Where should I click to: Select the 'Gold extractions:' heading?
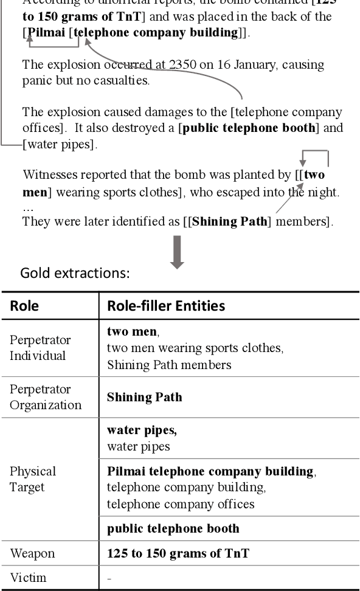[75, 273]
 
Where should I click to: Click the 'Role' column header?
[24, 306]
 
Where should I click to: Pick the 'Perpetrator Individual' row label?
[40, 347]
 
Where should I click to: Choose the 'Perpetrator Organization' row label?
[45, 397]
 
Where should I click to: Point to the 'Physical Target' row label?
[33, 479]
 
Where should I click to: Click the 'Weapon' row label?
[32, 553]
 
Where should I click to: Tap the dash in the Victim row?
[109, 578]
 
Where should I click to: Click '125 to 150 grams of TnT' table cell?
[178, 553]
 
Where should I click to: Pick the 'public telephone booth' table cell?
[173, 528]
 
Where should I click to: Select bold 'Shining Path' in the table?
[144, 397]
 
